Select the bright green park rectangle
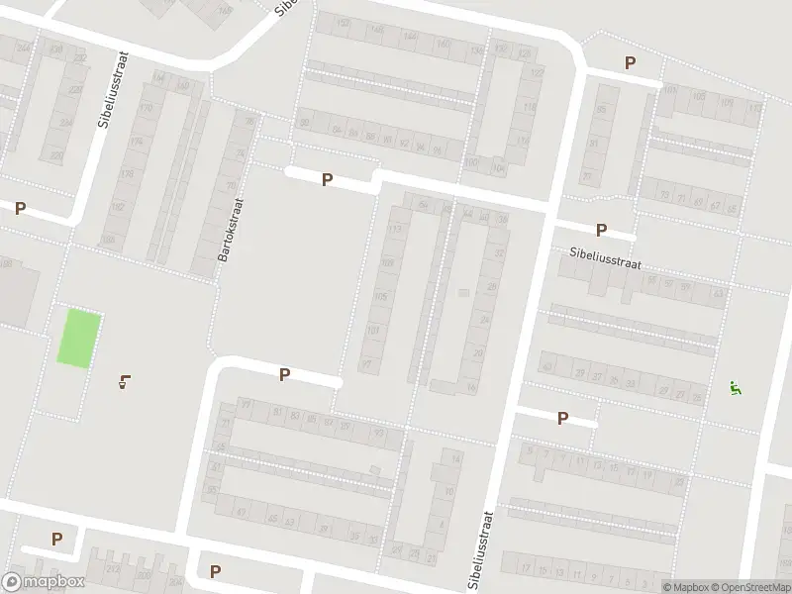78,338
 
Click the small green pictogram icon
734,387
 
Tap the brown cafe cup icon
124,381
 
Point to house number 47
241,512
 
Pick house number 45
271,519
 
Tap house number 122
538,74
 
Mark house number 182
119,207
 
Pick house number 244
23,47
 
